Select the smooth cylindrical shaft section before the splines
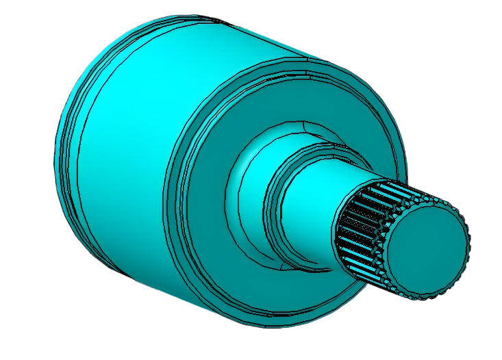(312, 198)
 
